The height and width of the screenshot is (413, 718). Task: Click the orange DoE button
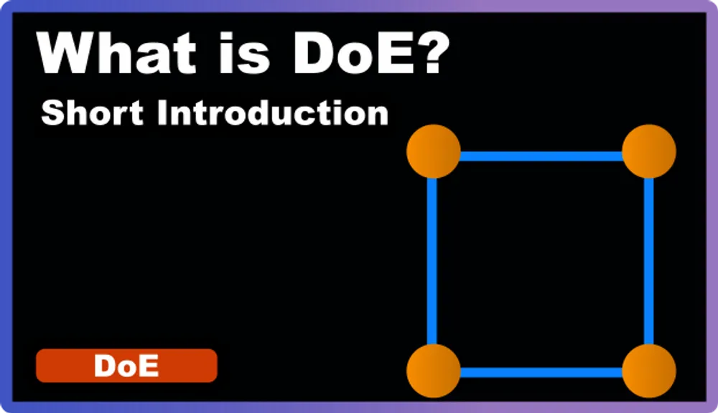point(126,366)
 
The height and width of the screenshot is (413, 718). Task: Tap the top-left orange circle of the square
point(433,151)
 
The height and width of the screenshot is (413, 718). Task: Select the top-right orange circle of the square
point(648,151)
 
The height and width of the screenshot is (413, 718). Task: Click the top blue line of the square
point(541,156)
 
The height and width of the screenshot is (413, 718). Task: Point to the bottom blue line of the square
point(541,372)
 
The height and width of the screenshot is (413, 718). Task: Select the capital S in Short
point(52,113)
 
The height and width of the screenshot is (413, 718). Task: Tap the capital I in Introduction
point(161,113)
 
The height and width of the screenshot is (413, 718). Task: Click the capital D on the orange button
point(105,366)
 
